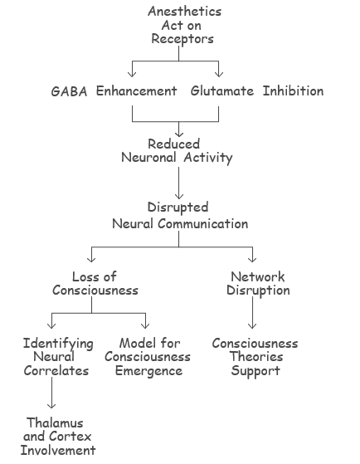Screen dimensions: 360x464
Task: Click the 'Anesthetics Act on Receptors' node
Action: (185, 26)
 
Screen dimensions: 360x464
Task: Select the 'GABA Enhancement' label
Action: (114, 91)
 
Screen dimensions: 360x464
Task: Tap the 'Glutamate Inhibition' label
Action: (257, 90)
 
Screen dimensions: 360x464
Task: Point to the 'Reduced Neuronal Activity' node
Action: (177, 151)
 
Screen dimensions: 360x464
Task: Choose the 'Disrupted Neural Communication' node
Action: (180, 216)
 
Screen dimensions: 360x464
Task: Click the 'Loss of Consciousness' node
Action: (95, 284)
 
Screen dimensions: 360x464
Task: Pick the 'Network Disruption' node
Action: (258, 284)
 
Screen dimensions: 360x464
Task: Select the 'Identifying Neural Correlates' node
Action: (58, 357)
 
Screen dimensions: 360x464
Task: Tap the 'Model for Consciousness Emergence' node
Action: (148, 357)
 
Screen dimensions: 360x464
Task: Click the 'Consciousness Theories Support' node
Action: (255, 357)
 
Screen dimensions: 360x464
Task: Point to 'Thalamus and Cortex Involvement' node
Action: (58, 437)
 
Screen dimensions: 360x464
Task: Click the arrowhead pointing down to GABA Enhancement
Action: (132, 74)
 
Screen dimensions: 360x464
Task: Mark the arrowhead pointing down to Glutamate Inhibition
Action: (219, 74)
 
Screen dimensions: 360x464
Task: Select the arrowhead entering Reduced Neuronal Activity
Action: (178, 134)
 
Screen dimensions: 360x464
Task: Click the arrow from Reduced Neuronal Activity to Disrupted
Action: (178, 183)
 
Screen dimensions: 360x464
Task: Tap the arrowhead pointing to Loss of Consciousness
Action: (91, 259)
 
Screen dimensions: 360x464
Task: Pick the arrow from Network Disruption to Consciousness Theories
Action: (252, 312)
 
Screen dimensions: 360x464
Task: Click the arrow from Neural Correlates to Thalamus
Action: (51, 393)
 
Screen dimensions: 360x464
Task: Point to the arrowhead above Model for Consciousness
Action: (145, 325)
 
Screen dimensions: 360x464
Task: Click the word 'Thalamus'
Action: (55, 422)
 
